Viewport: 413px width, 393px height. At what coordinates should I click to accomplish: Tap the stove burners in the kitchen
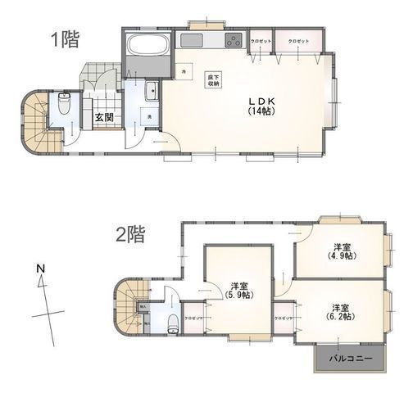point(233,43)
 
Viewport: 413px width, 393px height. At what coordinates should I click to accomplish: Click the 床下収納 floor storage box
point(212,79)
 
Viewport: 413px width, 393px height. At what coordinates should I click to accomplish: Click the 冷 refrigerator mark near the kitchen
point(182,72)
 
